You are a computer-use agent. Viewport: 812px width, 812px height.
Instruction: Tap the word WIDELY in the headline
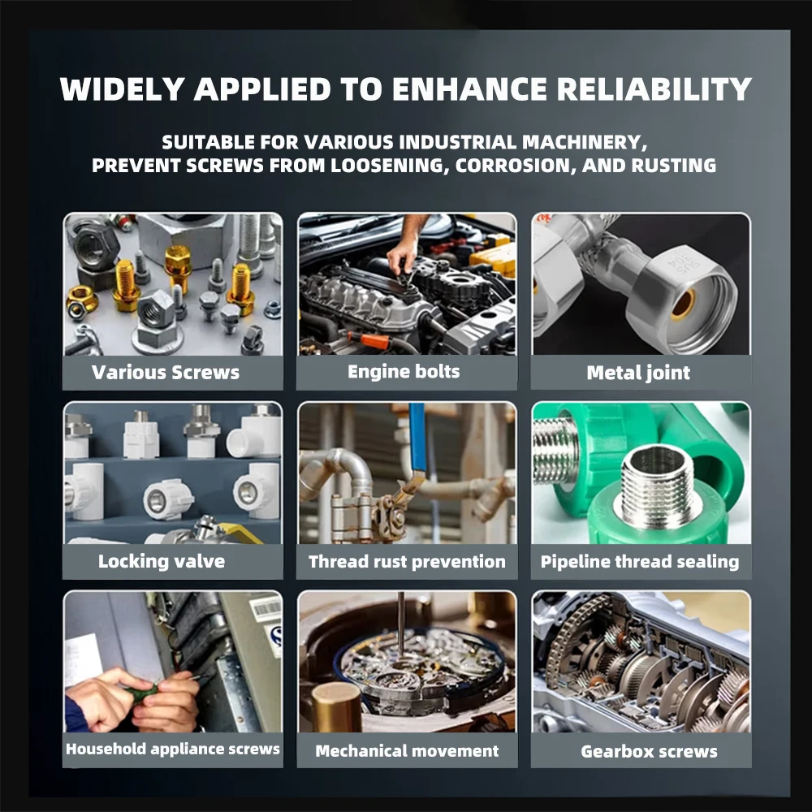[x=123, y=89]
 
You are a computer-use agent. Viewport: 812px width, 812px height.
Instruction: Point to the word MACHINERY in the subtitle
[x=585, y=142]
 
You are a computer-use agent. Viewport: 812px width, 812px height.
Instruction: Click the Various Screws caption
[x=166, y=373]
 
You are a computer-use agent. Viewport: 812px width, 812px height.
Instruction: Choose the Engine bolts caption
[x=404, y=371]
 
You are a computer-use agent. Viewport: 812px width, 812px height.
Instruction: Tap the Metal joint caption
[x=638, y=373]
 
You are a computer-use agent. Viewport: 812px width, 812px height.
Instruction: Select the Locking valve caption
[x=162, y=561]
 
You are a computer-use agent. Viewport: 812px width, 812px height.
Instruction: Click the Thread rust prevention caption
[x=407, y=562]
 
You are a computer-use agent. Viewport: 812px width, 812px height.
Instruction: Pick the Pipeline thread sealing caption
[x=640, y=562]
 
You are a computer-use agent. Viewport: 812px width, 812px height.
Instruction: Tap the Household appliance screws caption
[x=172, y=749]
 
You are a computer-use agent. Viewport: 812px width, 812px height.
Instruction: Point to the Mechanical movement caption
[x=407, y=751]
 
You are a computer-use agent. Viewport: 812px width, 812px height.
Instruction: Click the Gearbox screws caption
[x=650, y=751]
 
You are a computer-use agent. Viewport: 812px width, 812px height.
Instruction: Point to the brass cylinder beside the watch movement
[x=337, y=707]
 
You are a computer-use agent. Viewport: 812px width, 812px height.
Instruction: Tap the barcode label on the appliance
[x=266, y=609]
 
